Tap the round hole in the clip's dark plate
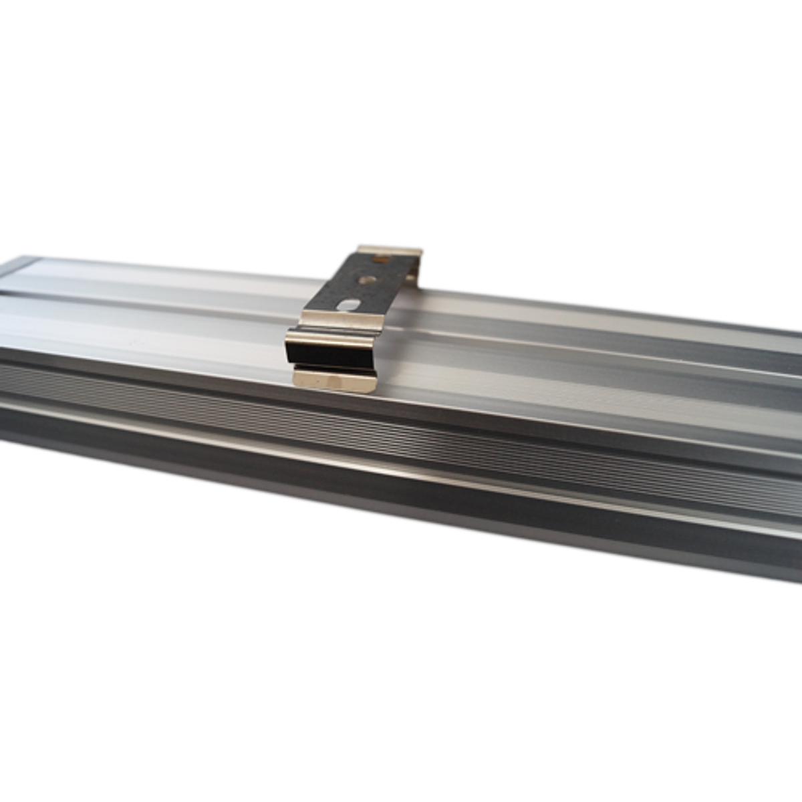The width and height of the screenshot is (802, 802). tap(365, 279)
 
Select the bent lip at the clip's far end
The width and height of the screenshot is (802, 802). tap(390, 253)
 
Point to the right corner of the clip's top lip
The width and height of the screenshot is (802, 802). tap(419, 253)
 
